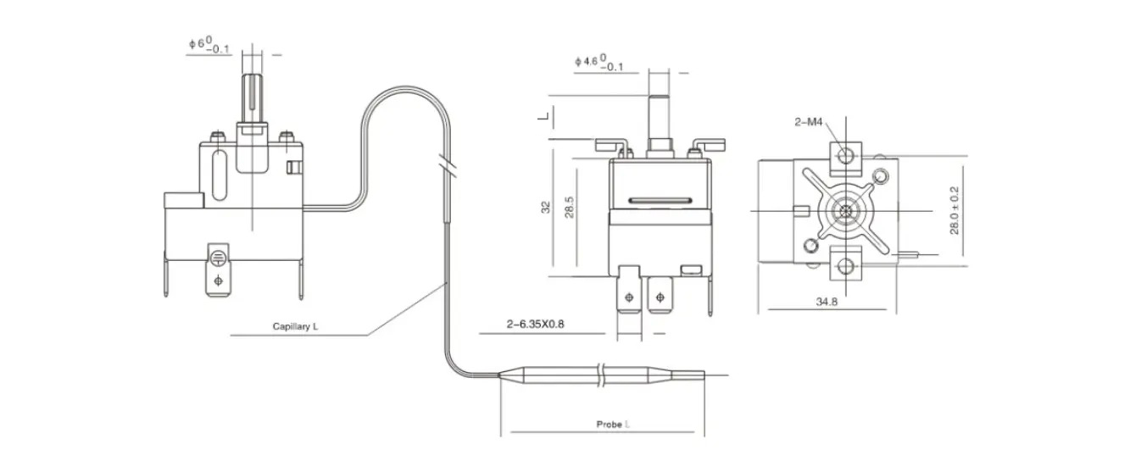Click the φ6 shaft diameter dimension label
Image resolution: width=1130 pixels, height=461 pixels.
(x=209, y=46)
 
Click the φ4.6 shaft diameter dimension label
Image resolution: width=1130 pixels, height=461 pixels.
(x=598, y=63)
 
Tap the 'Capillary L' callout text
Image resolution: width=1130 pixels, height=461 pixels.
(x=295, y=326)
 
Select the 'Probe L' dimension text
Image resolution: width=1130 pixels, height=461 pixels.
(x=612, y=425)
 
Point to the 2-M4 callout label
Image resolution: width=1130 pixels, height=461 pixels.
(x=808, y=121)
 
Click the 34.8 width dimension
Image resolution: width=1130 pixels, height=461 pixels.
(x=827, y=302)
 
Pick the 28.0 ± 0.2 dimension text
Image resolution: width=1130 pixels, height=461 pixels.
(x=954, y=210)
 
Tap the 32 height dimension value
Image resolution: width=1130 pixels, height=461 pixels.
(x=545, y=208)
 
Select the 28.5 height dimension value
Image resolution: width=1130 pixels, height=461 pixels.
(x=570, y=208)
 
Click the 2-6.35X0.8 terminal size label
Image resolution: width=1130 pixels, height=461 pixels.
(x=535, y=324)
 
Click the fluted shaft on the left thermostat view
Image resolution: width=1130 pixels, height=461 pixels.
(x=253, y=98)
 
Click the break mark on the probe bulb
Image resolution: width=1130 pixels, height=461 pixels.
(x=601, y=375)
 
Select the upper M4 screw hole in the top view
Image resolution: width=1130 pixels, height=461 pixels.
(x=846, y=154)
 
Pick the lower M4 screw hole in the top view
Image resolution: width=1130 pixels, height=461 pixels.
(x=846, y=264)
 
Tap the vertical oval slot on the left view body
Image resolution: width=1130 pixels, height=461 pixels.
(x=220, y=175)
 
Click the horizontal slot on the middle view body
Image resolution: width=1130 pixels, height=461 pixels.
(x=660, y=201)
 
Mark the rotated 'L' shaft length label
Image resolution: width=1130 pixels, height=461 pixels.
(x=543, y=116)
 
